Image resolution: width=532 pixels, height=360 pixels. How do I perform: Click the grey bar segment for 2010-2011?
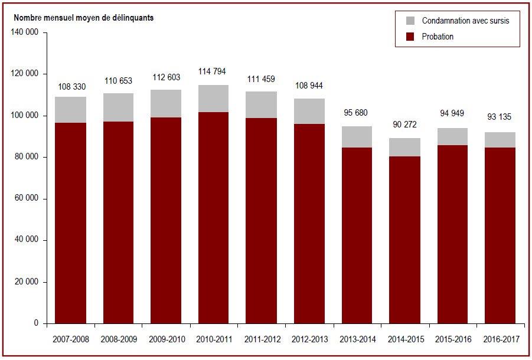coord(213,99)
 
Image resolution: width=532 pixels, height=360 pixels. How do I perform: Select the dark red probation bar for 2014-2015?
coord(405,240)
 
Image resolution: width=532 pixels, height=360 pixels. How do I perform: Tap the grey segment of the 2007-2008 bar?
coord(71,110)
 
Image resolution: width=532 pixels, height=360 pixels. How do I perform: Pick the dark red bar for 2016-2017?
coord(500,235)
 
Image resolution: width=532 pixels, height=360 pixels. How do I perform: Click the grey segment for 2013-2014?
coord(357,137)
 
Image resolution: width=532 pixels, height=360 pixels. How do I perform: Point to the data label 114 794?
coord(212,71)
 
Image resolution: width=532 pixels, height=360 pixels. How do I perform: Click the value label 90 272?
coord(405,125)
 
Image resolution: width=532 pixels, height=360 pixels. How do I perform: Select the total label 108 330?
coord(72,87)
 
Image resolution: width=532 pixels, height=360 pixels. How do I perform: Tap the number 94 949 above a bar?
coord(452,113)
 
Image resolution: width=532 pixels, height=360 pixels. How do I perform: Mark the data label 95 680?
coord(355,113)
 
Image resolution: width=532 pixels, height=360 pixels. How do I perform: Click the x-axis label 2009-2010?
coord(167,339)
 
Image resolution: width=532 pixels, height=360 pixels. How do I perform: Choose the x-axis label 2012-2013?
coord(310,339)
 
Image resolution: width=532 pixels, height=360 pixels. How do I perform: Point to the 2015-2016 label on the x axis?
coord(453,339)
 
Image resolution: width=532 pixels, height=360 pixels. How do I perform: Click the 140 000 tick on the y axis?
coord(24,32)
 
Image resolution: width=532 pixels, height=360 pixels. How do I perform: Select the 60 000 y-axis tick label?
coord(27,198)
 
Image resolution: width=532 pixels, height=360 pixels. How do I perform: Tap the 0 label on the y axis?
coord(36,323)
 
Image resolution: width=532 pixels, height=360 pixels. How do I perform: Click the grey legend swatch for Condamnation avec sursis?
coord(410,21)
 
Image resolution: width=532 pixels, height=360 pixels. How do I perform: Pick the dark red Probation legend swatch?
coord(410,37)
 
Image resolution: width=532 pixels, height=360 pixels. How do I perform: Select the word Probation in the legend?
coord(438,37)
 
